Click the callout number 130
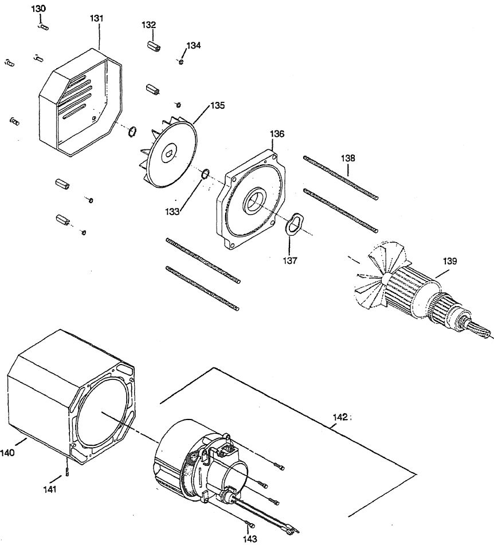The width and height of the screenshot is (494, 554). coord(40,9)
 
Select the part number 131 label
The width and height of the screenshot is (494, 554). coord(97,18)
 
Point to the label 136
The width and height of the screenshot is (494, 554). coord(277,134)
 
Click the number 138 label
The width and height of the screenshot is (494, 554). coord(348,157)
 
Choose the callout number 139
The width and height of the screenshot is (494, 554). coord(449,261)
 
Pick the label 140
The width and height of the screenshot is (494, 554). coord(7,452)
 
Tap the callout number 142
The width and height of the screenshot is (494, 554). coord(340,417)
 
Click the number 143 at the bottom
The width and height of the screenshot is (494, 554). coord(249,539)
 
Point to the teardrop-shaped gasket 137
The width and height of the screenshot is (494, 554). coord(295,223)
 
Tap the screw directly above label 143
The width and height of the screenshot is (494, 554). coord(248,523)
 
